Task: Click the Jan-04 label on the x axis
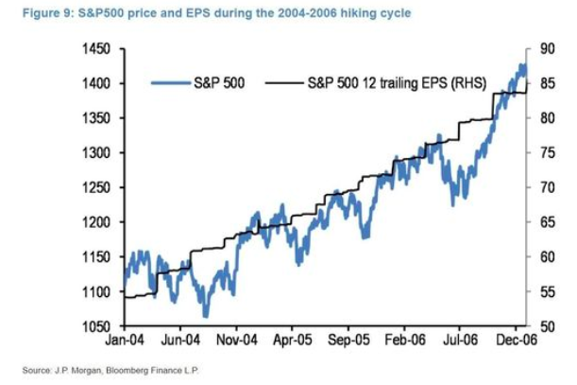125,340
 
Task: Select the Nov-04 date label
236,340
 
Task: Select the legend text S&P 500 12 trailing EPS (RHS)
396,83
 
